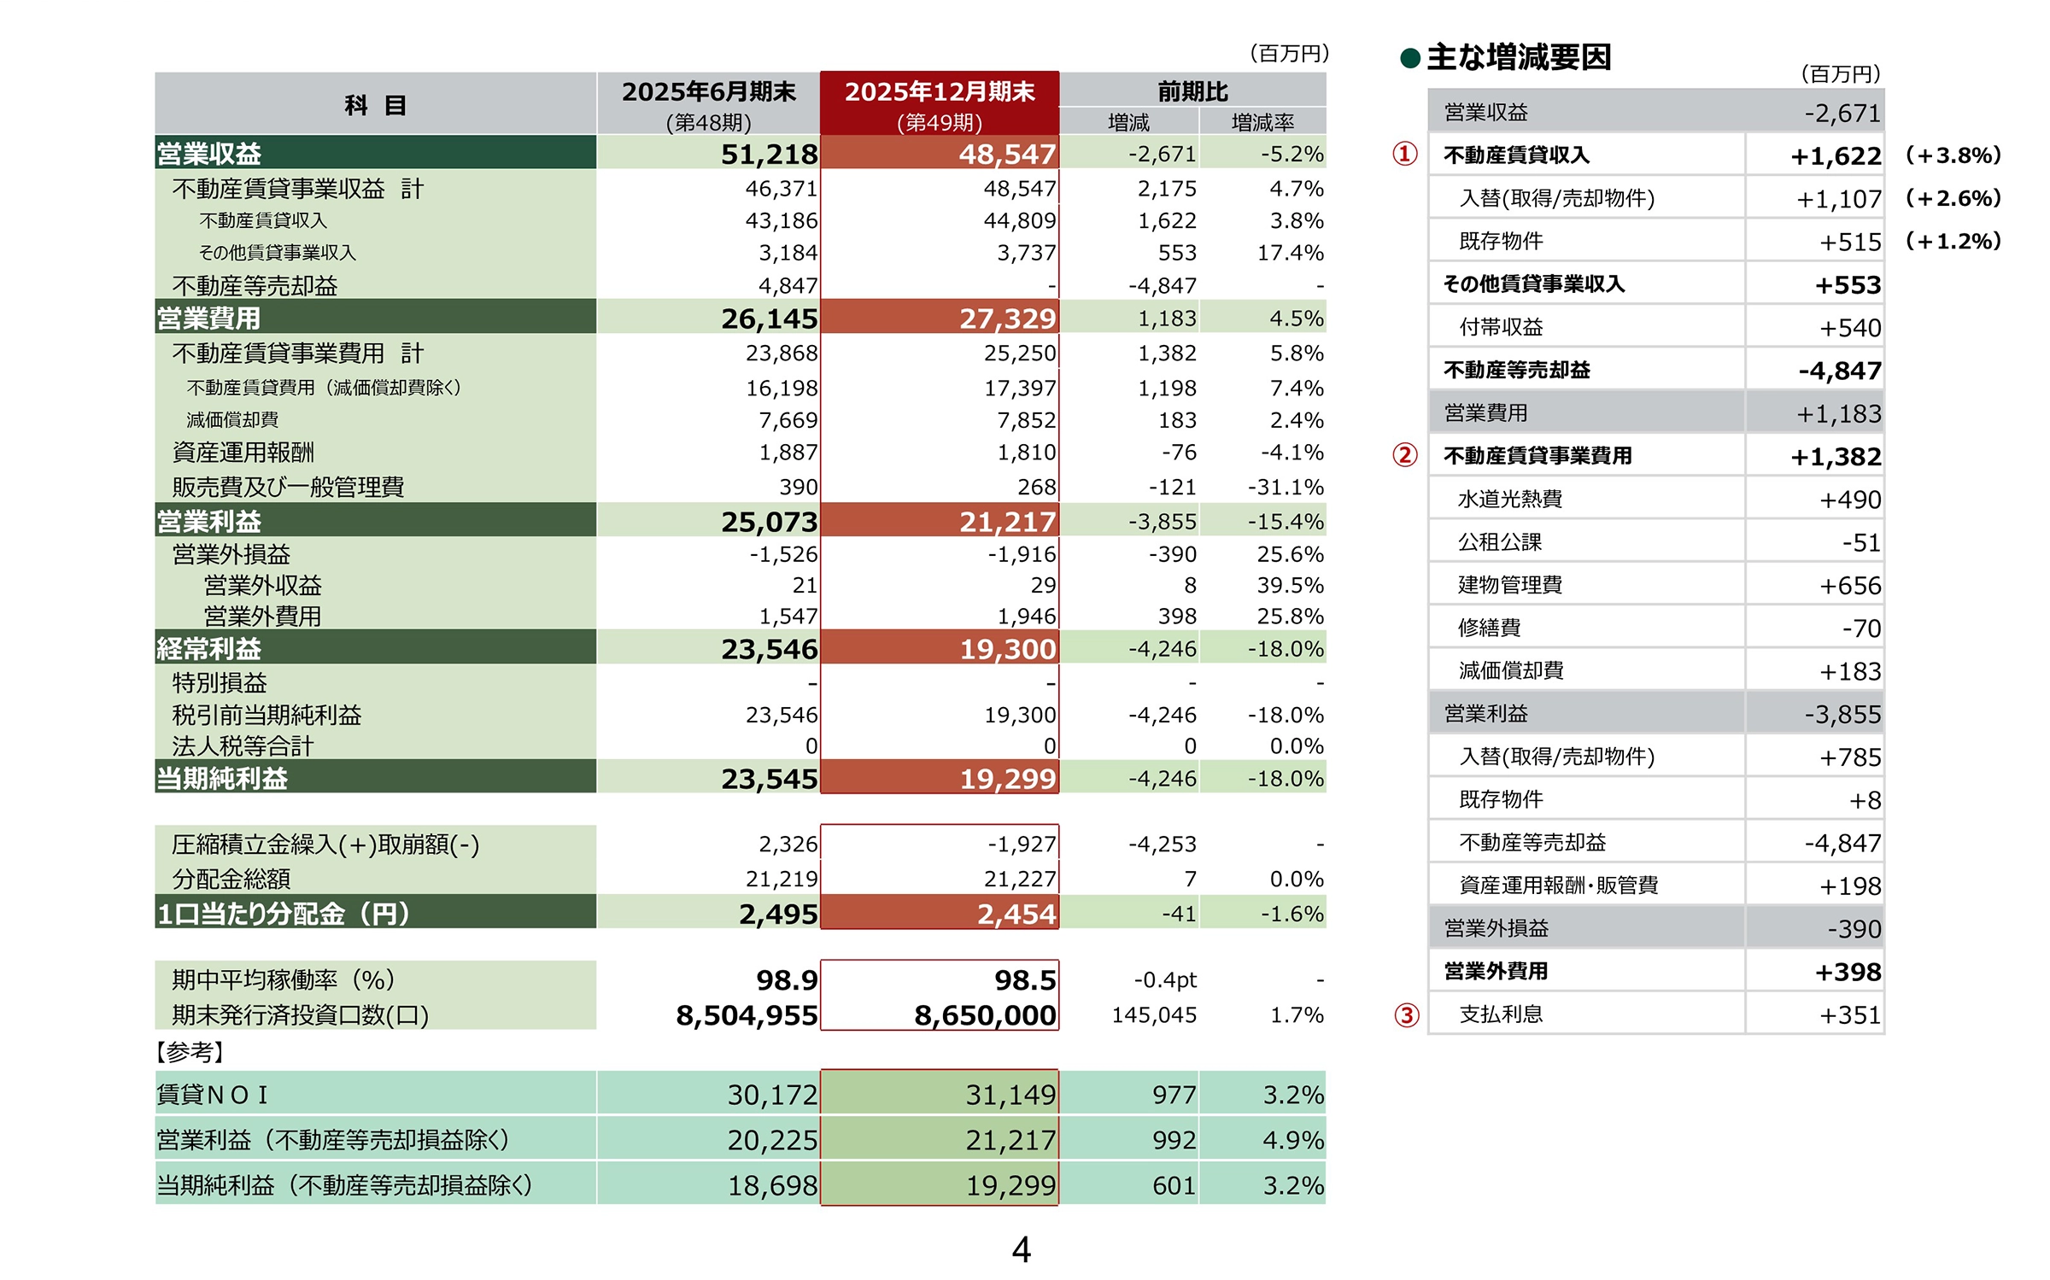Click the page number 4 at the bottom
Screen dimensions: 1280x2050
point(1021,1250)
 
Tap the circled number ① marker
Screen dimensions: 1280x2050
point(1405,154)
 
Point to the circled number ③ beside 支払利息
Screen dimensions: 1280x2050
point(1406,1014)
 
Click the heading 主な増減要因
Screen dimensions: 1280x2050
point(1519,57)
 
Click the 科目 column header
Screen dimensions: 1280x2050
point(375,104)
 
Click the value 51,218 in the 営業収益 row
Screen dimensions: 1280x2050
point(769,155)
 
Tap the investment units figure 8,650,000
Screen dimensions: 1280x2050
point(985,1015)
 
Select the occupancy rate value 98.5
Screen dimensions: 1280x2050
point(1025,980)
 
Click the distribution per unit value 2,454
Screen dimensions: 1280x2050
point(1016,914)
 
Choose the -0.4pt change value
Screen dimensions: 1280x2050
point(1165,980)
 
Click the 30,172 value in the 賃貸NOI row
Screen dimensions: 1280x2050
point(772,1095)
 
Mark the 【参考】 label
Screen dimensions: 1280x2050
point(190,1052)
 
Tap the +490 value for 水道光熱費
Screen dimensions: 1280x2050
point(1850,500)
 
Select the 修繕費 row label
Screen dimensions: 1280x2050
point(1490,628)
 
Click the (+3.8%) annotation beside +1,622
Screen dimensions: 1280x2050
point(1953,155)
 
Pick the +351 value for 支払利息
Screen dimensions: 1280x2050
point(1850,1015)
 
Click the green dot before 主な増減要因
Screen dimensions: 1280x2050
point(1410,58)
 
